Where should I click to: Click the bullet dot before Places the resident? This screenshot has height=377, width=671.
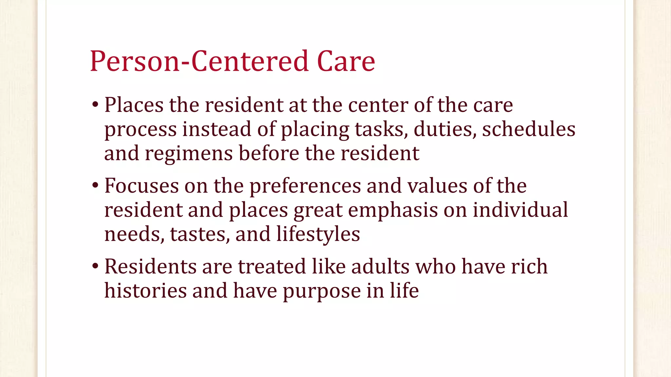click(x=95, y=105)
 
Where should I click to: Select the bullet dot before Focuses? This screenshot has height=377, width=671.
click(x=95, y=186)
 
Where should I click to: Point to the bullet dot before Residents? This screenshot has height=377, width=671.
click(x=95, y=266)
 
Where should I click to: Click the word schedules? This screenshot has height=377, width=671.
click(x=528, y=129)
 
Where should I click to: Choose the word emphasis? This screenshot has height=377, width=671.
click(x=393, y=210)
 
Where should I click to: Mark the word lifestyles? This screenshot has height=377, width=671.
click(x=318, y=234)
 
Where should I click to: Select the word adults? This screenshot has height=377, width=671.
click(x=380, y=266)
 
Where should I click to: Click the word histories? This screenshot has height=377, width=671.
click(x=145, y=290)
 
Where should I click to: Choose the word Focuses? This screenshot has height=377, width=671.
click(x=142, y=186)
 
